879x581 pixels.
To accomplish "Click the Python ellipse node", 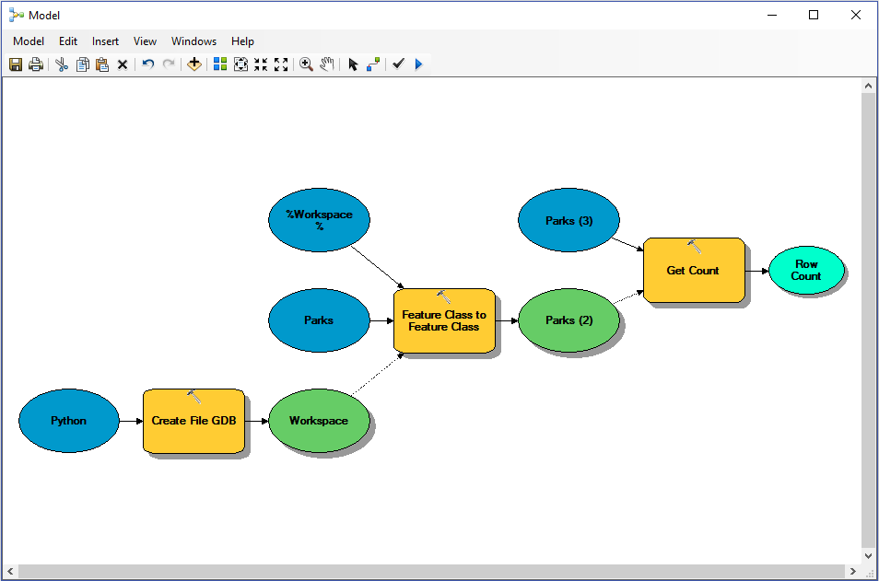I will (x=69, y=421).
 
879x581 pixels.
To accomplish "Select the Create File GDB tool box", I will (x=193, y=422).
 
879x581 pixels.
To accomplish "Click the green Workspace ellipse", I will (x=319, y=421).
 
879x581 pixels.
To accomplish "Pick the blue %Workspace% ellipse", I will (x=319, y=220).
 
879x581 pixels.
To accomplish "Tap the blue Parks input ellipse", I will (x=319, y=320).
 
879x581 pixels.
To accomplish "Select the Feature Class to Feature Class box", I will (x=444, y=321).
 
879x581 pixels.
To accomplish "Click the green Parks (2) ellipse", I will (x=568, y=320).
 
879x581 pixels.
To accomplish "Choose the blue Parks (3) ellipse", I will (x=568, y=221).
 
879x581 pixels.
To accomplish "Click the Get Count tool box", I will (x=693, y=271).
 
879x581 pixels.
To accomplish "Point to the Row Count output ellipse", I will (x=805, y=271).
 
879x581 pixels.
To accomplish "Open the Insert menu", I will (x=105, y=41).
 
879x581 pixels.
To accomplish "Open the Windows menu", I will (x=193, y=41).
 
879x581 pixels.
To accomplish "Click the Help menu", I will (x=242, y=41).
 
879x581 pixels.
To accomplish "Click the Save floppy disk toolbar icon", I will (x=16, y=64).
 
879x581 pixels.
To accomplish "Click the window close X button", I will (x=856, y=15).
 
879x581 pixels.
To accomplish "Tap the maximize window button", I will (x=814, y=15).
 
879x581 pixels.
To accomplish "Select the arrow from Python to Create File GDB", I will (x=131, y=421).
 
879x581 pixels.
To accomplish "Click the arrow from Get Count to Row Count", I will (x=756, y=271).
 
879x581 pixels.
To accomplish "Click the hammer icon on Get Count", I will (x=694, y=246).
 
